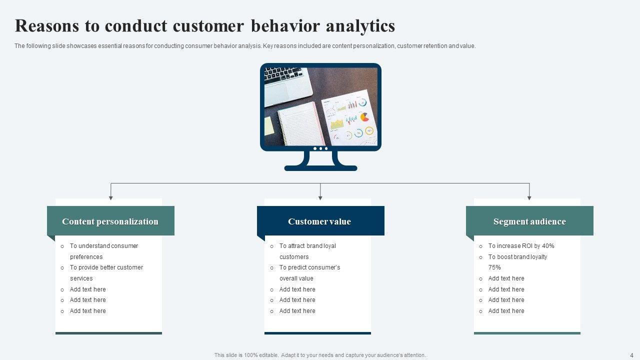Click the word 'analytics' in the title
360,26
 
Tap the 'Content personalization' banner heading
110,221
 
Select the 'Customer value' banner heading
319,221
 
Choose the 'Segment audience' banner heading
529,221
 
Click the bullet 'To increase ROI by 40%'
521,246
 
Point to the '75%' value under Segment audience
494,267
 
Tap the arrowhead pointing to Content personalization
111,198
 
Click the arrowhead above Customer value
320,198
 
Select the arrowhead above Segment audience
529,198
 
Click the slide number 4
631,355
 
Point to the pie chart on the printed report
364,117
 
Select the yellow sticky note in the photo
269,125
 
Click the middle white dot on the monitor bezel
320,148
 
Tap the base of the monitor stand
320,168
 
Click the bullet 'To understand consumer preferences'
104,251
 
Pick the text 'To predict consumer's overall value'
309,273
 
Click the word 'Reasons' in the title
47,26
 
